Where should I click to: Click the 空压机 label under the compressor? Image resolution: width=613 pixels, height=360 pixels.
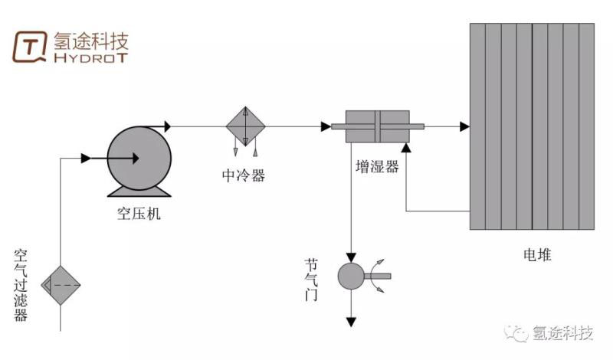click(x=139, y=214)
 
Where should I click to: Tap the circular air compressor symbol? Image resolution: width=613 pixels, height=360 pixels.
click(x=139, y=157)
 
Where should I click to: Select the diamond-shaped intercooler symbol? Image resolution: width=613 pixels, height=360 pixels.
click(x=245, y=126)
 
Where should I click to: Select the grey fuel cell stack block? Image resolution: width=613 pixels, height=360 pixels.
click(x=532, y=126)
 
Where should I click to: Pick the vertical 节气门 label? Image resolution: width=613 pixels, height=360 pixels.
click(x=310, y=280)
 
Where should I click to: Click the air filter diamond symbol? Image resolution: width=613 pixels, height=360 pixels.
click(x=61, y=284)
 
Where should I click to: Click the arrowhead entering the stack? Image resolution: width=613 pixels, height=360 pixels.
click(x=464, y=126)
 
